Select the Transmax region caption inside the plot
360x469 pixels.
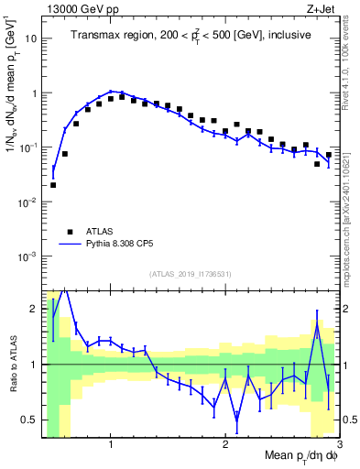coord(191,35)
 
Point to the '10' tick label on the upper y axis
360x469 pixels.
coord(30,39)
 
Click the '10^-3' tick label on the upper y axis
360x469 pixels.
coord(27,256)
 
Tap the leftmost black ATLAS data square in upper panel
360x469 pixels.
coord(53,184)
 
